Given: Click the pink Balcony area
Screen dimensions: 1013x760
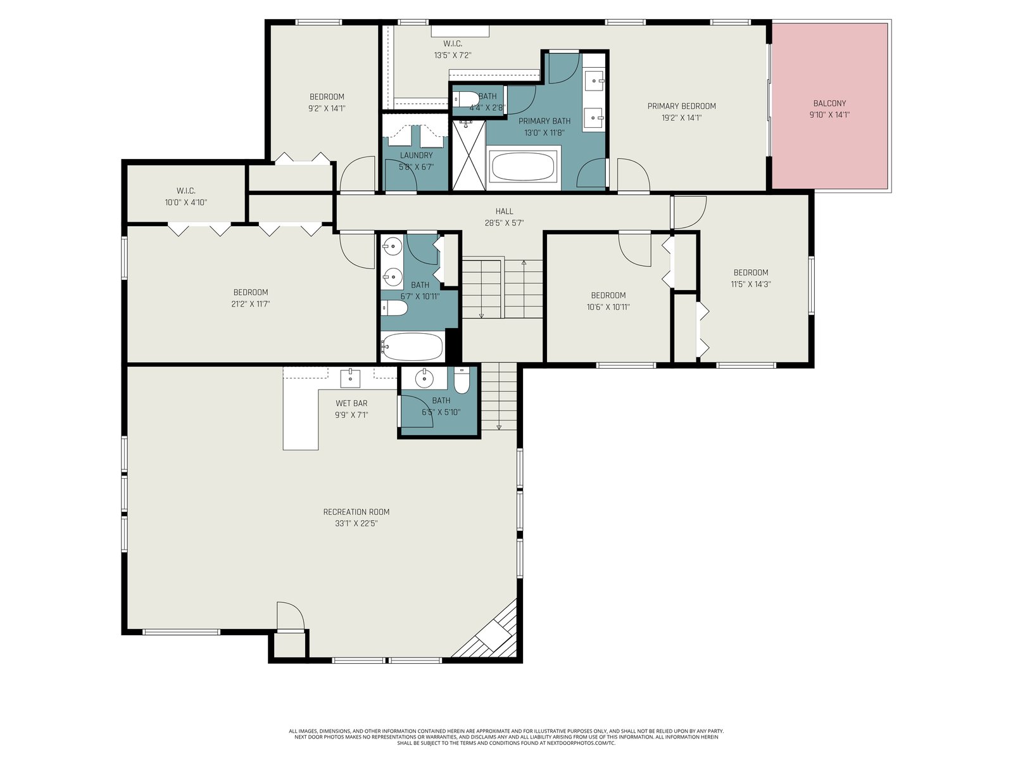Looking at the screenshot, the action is pyautogui.click(x=829, y=106).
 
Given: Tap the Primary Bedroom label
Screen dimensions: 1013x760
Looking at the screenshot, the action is pyautogui.click(x=681, y=106).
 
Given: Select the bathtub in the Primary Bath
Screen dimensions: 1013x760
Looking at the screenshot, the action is pyautogui.click(x=523, y=167).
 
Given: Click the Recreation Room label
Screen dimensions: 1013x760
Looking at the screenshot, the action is pyautogui.click(x=356, y=512).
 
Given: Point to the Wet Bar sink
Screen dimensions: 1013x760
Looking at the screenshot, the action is pyautogui.click(x=350, y=378).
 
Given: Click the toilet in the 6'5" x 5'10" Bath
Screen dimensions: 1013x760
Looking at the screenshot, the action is pyautogui.click(x=462, y=380).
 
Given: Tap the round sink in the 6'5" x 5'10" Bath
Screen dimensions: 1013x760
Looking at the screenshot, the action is pyautogui.click(x=424, y=379).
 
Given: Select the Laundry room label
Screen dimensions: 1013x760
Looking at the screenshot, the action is pyautogui.click(x=416, y=156).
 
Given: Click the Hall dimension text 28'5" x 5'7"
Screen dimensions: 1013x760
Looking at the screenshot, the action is pyautogui.click(x=504, y=224).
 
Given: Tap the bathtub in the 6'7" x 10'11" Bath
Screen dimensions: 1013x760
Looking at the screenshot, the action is pyautogui.click(x=412, y=346).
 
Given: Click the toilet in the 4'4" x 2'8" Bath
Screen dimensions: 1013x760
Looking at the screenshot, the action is pyautogui.click(x=466, y=99).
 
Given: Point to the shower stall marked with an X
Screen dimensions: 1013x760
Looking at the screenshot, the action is pyautogui.click(x=469, y=155).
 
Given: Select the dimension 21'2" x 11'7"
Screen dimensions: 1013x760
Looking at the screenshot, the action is pyautogui.click(x=250, y=304).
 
